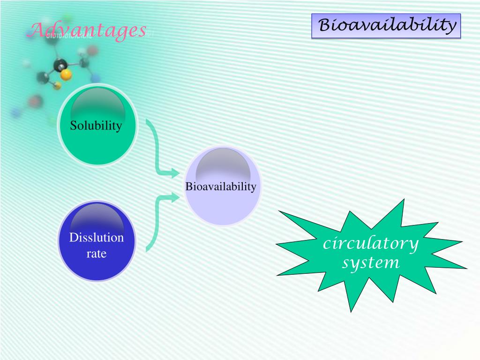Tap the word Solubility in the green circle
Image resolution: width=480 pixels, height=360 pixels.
click(96, 126)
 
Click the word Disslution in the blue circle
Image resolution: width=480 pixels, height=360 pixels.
click(97, 238)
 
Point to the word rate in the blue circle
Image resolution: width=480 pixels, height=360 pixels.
click(97, 254)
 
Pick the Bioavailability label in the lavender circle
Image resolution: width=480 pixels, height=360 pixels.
click(221, 187)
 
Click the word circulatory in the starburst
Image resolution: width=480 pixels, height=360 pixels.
click(370, 244)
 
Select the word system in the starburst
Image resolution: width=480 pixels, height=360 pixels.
click(370, 262)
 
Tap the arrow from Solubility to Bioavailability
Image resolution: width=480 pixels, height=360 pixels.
click(159, 150)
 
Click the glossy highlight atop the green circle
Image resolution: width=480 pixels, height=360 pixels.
click(97, 103)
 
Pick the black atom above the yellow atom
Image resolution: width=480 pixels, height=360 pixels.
click(60, 65)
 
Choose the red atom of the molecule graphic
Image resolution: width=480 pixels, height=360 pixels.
click(36, 100)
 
